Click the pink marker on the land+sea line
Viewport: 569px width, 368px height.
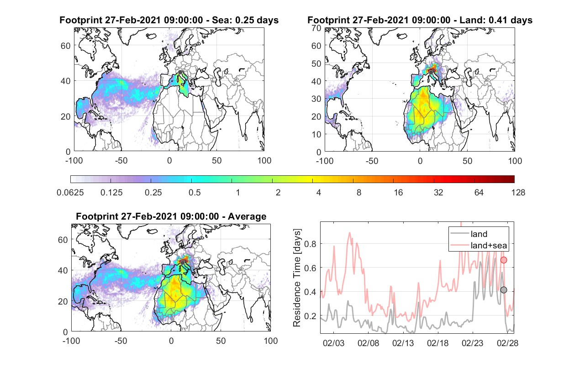coord(504,260)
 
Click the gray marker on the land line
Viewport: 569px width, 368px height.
coord(503,290)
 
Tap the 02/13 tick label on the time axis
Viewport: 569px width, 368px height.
coord(403,343)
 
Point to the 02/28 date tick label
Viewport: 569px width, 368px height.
coord(507,343)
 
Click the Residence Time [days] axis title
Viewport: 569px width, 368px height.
coord(297,278)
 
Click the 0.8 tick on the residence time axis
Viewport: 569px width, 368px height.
coord(310,244)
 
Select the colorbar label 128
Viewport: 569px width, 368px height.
coord(518,193)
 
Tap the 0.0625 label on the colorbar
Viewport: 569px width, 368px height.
coord(70,193)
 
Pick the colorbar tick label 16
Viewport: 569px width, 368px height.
coord(398,193)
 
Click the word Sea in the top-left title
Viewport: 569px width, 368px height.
coord(220,20)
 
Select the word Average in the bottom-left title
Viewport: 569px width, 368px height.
coord(247,216)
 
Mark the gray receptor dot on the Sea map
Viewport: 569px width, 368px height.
coord(180,72)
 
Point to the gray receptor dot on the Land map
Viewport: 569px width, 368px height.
coord(431,73)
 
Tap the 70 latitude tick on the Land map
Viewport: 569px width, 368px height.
coord(316,28)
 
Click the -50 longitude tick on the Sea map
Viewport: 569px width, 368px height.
coord(121,161)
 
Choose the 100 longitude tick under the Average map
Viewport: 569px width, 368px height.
coord(271,341)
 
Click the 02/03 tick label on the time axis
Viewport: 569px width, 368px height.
coord(333,343)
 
